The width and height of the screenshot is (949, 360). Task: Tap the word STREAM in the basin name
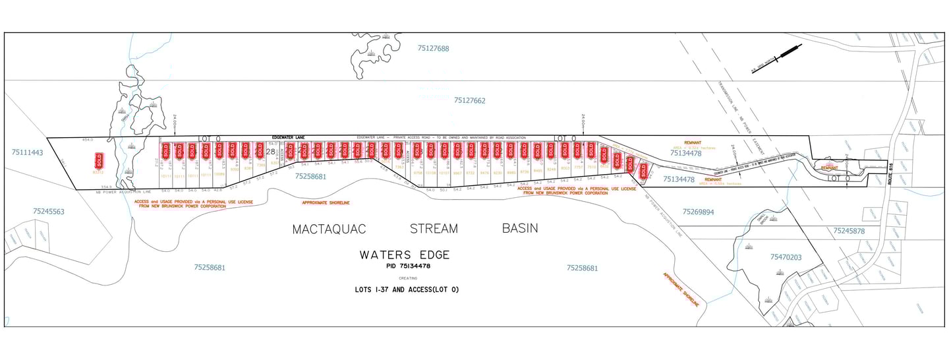[x=434, y=229]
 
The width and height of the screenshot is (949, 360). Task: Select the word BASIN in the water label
[x=519, y=228]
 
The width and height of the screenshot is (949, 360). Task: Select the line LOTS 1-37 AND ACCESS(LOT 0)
[x=406, y=289]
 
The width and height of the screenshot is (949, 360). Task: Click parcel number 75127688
[x=433, y=48]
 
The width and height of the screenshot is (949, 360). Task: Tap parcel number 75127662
[x=469, y=101]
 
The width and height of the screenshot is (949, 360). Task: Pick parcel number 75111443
[x=27, y=152]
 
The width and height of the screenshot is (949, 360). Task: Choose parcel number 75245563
[x=49, y=212]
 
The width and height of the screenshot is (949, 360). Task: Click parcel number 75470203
[x=786, y=257]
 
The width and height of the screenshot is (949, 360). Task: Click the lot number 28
[x=270, y=152]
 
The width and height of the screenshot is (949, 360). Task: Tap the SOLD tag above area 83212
[x=100, y=160]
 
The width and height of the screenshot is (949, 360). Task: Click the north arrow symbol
[x=778, y=58]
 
